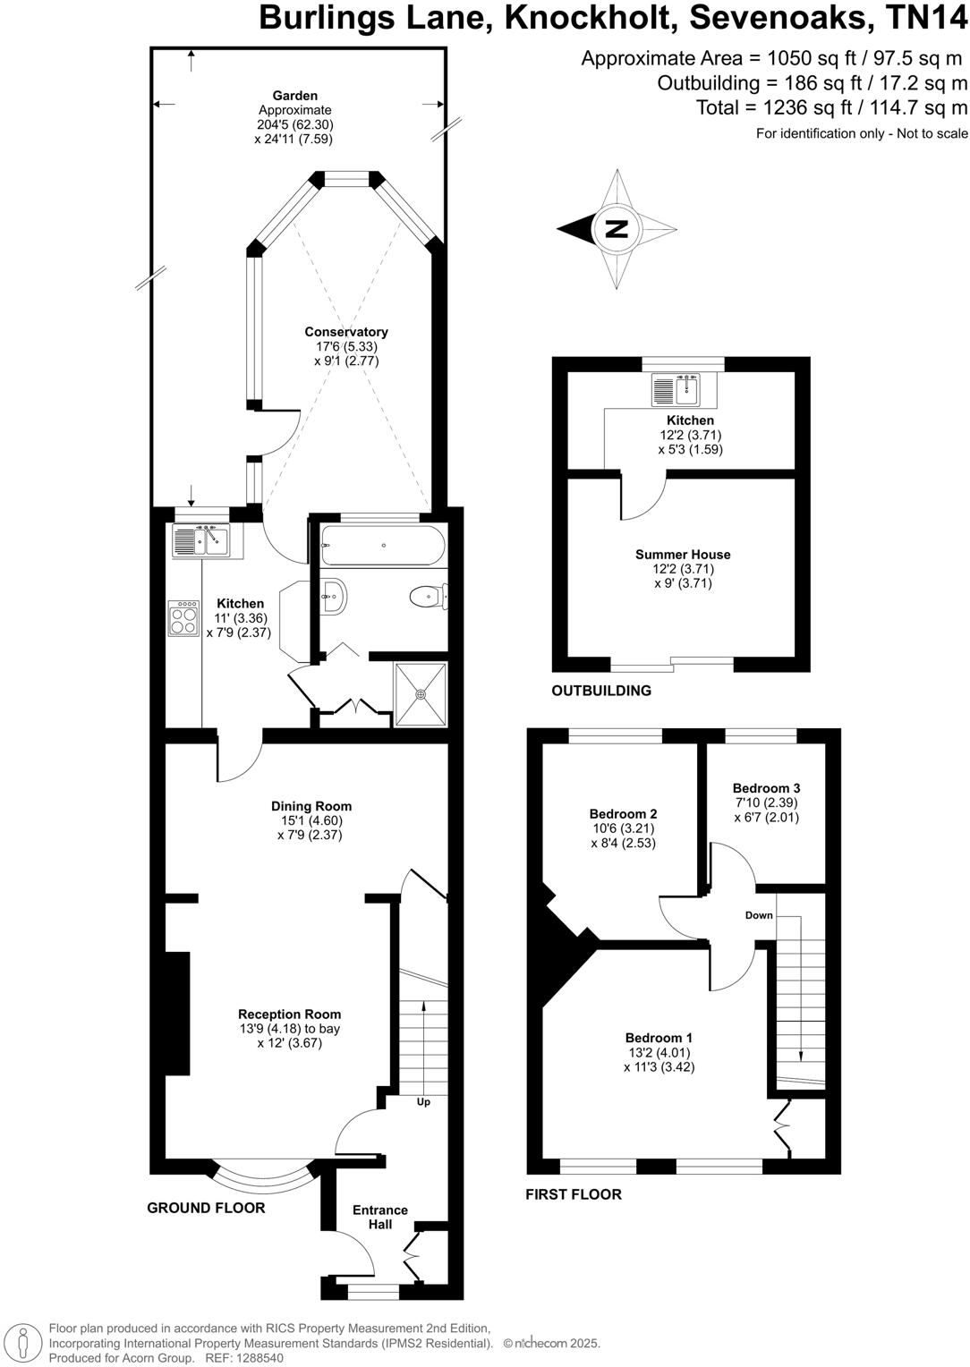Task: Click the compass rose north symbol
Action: coord(617,229)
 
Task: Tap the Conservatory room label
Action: coord(346,332)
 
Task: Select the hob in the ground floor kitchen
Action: coord(183,617)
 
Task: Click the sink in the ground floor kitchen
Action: coord(202,541)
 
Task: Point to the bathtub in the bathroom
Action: coord(382,546)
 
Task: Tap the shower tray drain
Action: coord(421,694)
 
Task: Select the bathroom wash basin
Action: coord(333,595)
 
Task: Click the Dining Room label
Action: coord(311,806)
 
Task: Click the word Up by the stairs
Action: coord(423,1101)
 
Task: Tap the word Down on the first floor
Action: coord(759,915)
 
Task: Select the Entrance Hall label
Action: coord(380,1217)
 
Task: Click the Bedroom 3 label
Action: coord(766,788)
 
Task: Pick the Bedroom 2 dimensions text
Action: coord(623,836)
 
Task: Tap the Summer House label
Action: coord(683,555)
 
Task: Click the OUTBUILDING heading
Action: coord(600,691)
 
